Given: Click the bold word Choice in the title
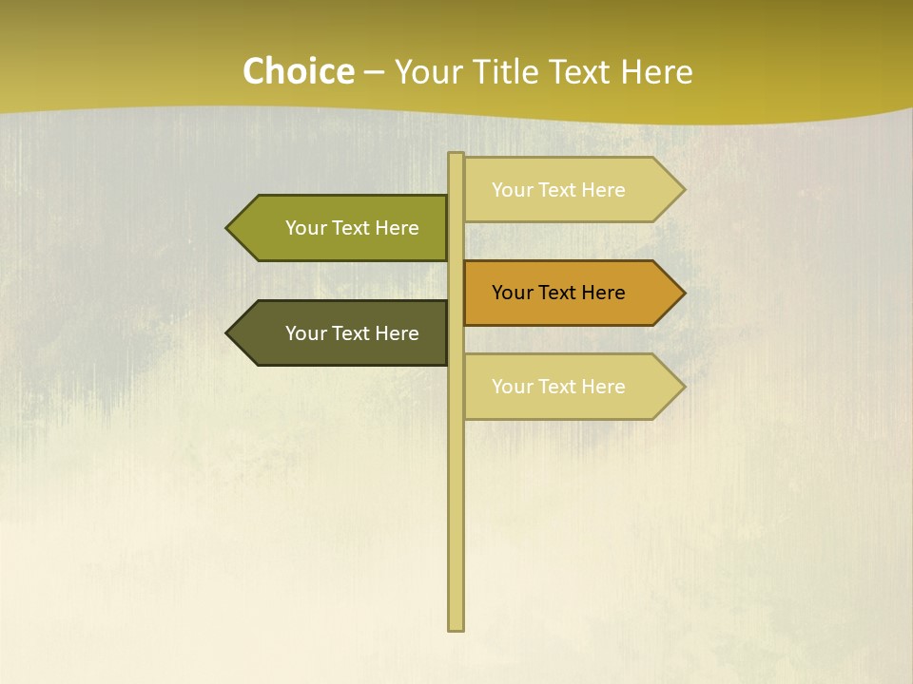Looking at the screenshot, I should coord(298,71).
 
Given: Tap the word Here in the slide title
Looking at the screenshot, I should coord(656,71).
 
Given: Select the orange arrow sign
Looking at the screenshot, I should coord(571,293).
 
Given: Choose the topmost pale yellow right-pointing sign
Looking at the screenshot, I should coord(571,190).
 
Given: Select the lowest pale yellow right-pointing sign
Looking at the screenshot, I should coord(571,387).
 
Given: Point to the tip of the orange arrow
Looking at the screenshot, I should coord(683,293).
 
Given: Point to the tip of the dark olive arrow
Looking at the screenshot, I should coord(228,332).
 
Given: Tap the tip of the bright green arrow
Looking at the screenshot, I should coord(228,228).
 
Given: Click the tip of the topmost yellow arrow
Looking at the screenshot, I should coord(683,190).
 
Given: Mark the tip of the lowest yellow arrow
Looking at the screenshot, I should coord(683,387).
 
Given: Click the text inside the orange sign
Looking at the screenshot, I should coord(558,293).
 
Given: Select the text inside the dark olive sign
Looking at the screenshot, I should coord(352,333).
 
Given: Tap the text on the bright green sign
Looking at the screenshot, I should coord(352,228).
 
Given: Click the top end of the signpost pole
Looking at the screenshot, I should coord(456,155).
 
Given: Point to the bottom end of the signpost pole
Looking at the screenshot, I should coord(456,628).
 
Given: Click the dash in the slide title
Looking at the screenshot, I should coord(374,72).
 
